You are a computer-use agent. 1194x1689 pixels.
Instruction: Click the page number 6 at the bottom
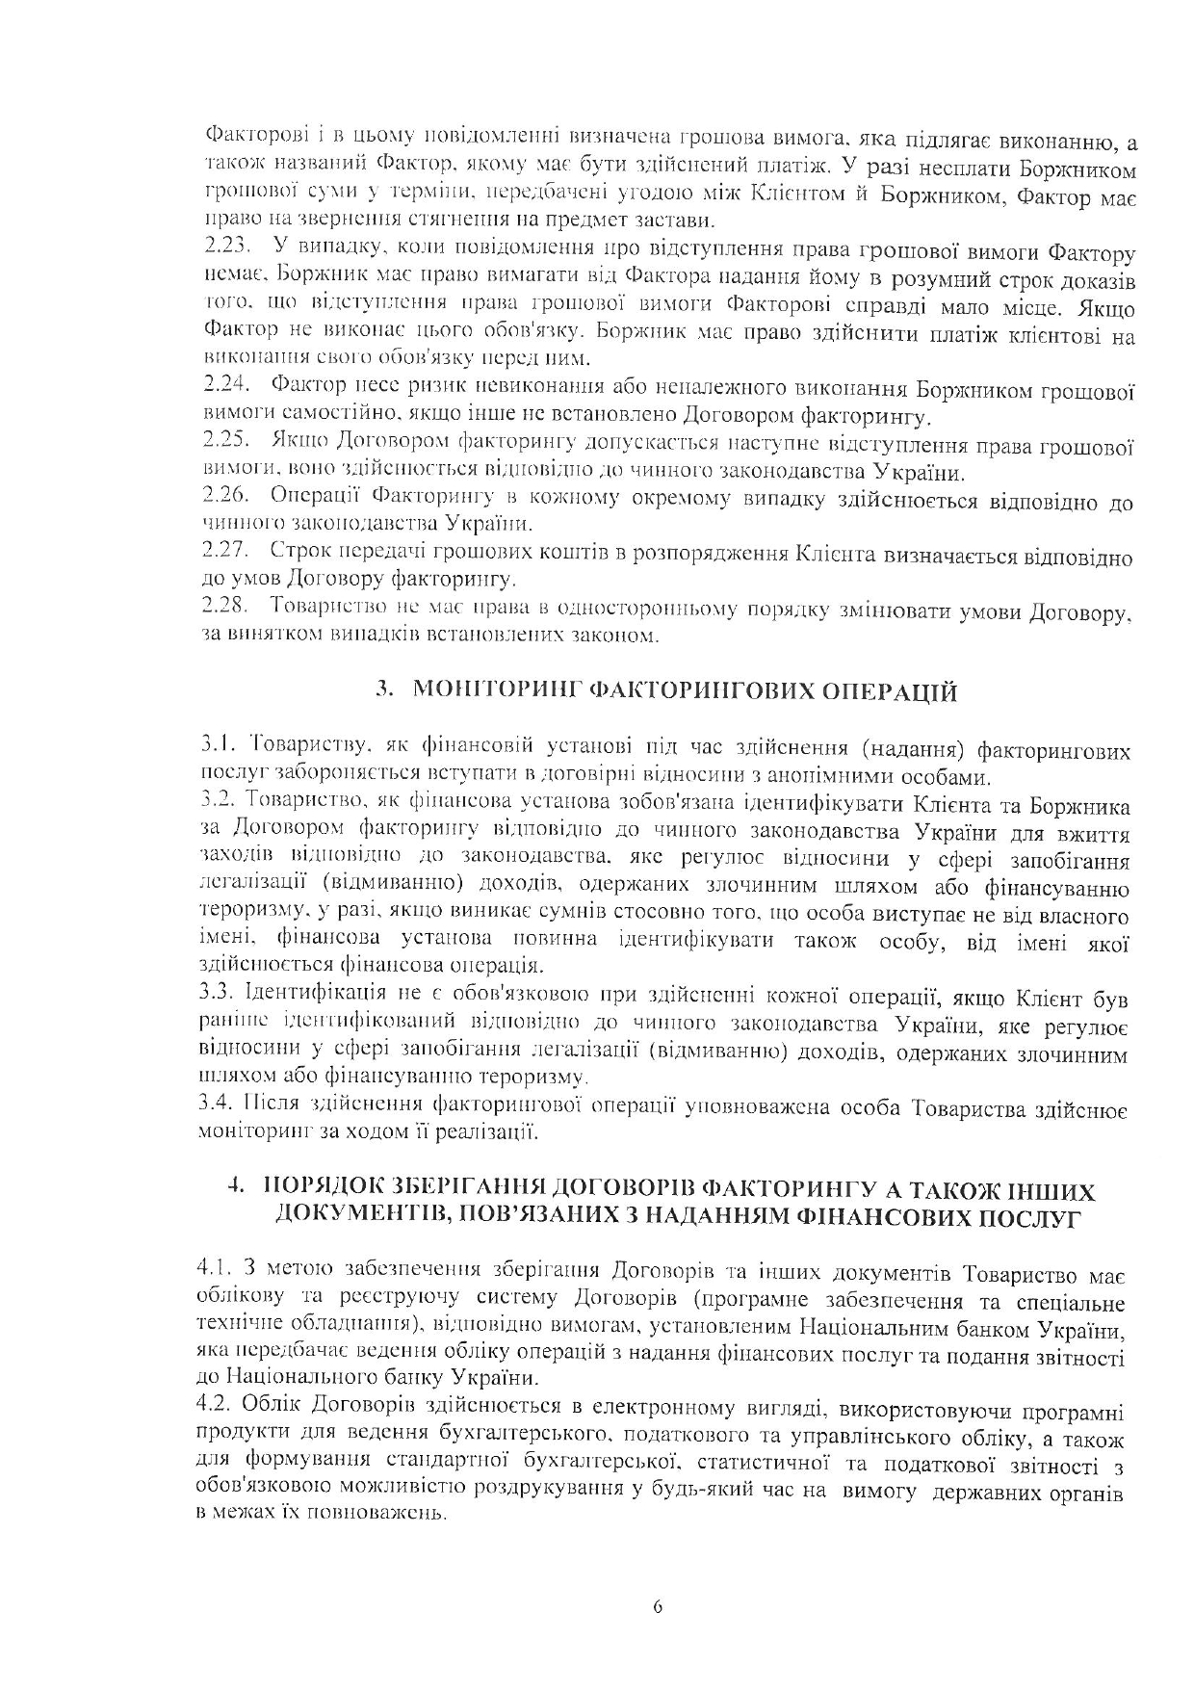[x=658, y=1607]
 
